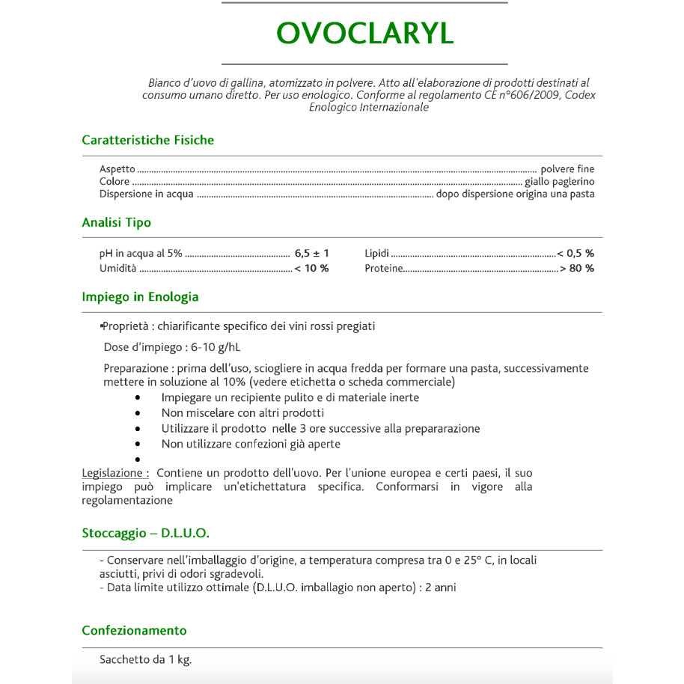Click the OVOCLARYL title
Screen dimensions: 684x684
pos(364,34)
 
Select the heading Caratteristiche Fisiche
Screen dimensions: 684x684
pos(147,140)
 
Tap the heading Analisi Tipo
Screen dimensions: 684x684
pos(116,222)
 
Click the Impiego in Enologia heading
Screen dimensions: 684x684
pos(140,296)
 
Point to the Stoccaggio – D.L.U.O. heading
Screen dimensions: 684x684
pos(145,534)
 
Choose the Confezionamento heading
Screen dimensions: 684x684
pos(134,630)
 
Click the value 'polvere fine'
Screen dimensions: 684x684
pos(567,169)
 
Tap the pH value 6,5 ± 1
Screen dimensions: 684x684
pos(311,253)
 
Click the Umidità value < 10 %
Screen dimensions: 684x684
pos(311,268)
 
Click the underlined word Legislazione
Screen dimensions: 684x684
pos(113,473)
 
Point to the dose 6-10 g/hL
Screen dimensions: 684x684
pos(216,347)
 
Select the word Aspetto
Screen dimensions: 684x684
pos(117,169)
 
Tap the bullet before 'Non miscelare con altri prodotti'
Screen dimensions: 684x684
pos(138,413)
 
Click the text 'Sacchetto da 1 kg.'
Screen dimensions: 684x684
pos(145,660)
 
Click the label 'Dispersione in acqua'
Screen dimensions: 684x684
pos(146,194)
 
